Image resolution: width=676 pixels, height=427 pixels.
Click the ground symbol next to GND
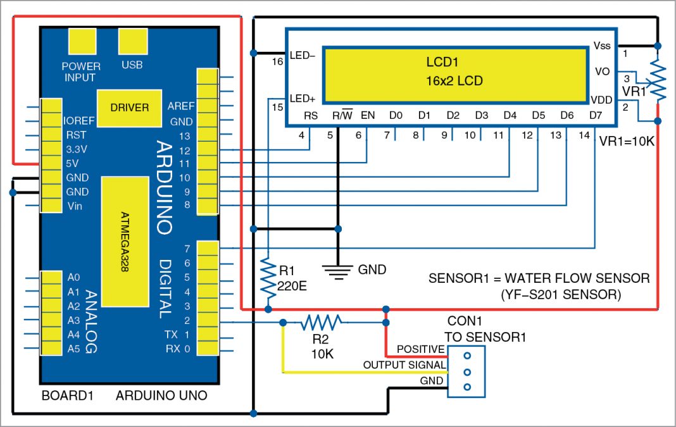click(x=338, y=270)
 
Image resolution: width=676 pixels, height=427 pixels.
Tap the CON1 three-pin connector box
click(x=467, y=372)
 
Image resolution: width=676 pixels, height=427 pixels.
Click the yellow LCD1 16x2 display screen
click(x=455, y=73)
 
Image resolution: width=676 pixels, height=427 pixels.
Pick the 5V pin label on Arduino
click(x=73, y=163)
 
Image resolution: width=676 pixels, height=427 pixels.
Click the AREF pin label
click(x=181, y=106)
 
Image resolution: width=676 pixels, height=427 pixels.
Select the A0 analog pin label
click(x=73, y=277)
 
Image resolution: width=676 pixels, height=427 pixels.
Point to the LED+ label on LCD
click(x=302, y=99)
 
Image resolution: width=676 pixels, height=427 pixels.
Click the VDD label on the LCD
click(x=601, y=99)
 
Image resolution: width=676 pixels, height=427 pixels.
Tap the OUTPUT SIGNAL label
click(x=404, y=366)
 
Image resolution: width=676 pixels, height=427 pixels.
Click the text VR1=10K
click(x=627, y=142)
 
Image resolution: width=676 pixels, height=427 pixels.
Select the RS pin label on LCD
click(x=310, y=116)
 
